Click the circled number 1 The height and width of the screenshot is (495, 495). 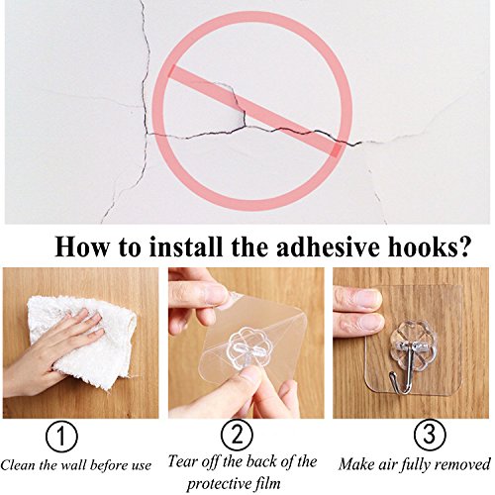click(61, 437)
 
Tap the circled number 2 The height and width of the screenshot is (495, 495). click(237, 434)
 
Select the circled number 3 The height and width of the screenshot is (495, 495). click(430, 434)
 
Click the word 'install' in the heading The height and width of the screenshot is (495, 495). click(186, 247)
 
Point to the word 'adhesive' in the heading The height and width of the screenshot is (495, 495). click(326, 247)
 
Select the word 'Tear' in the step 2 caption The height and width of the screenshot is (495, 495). click(181, 461)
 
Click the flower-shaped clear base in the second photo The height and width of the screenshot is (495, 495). click(243, 350)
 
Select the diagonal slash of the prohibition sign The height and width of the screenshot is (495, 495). click(254, 111)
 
